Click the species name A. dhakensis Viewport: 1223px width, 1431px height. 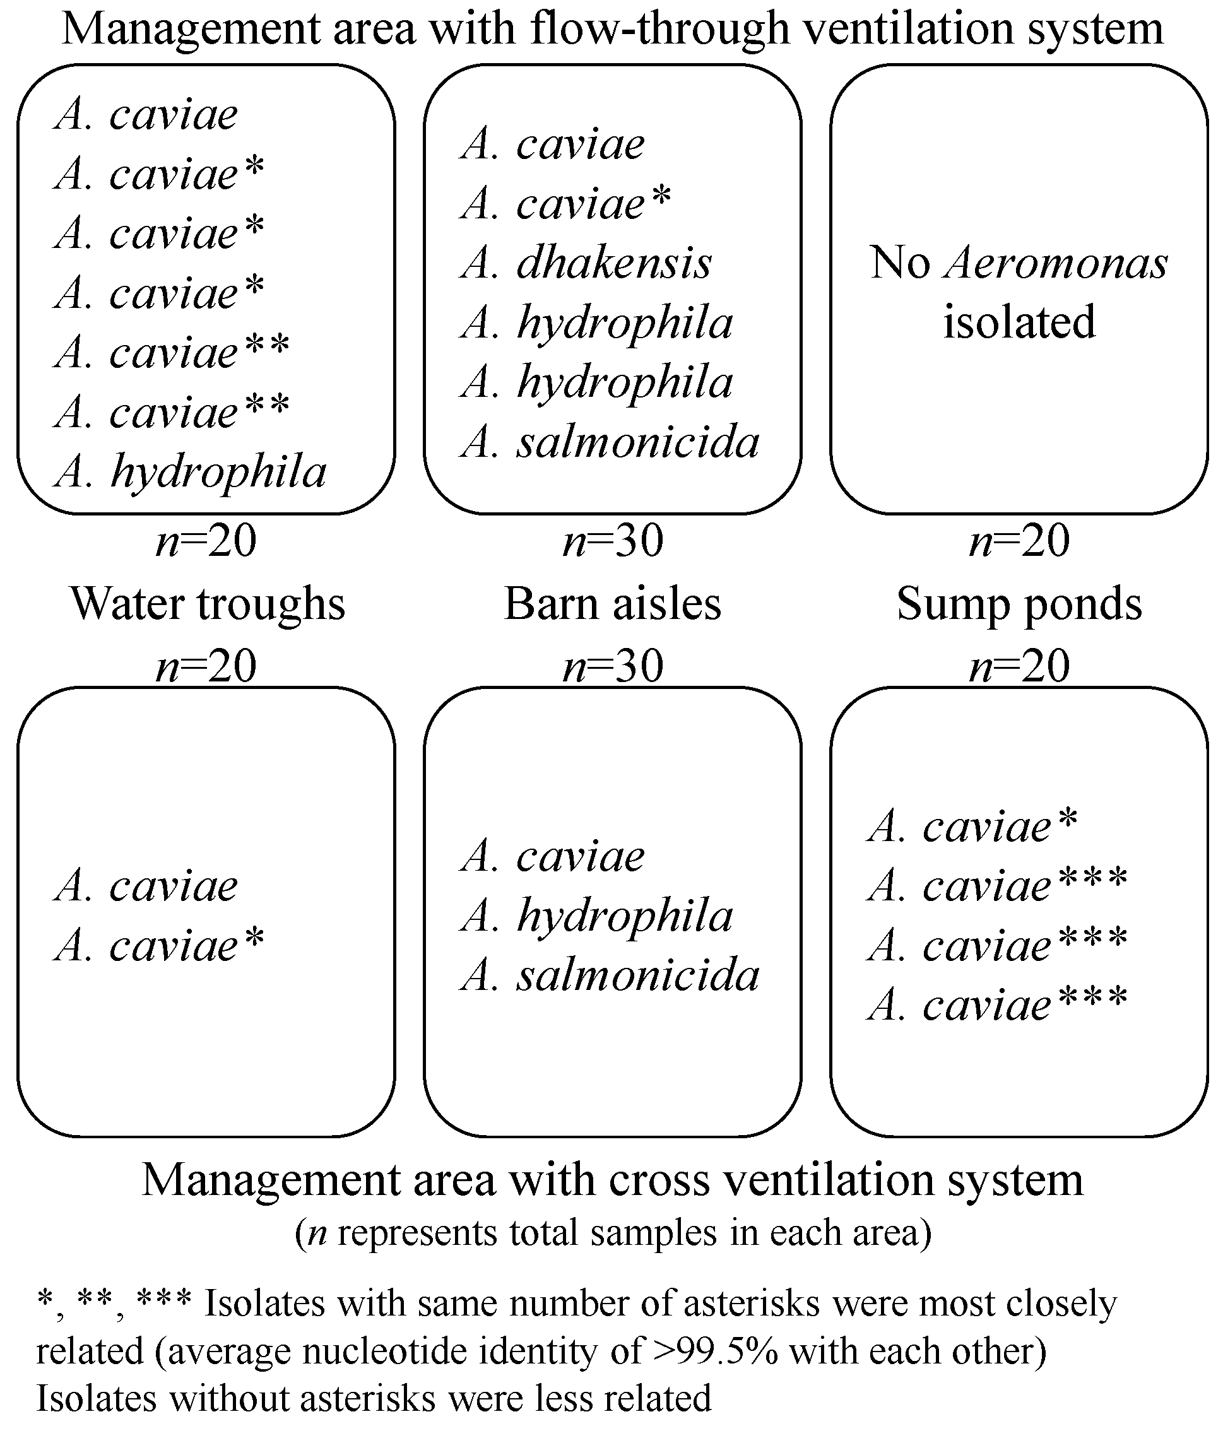(x=586, y=264)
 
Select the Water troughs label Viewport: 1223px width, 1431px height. (x=207, y=604)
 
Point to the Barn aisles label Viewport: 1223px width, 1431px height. (x=613, y=604)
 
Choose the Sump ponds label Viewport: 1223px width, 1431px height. (x=1019, y=604)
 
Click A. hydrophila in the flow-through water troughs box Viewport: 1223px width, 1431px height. (x=190, y=473)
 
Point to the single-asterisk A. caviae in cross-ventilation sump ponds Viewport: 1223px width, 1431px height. (x=972, y=827)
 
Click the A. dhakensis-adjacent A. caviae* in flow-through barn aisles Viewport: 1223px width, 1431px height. (x=565, y=204)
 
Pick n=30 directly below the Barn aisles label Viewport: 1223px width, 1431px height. (x=613, y=666)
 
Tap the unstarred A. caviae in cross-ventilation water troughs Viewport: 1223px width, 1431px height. (x=146, y=886)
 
